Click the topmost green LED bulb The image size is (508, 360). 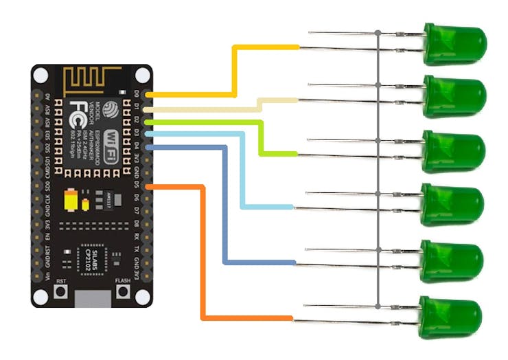456,42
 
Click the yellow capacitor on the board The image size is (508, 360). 71,201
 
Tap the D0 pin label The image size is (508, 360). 137,93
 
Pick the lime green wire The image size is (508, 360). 262,137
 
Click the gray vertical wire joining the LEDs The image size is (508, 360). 378,172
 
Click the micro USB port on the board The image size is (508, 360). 93,297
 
